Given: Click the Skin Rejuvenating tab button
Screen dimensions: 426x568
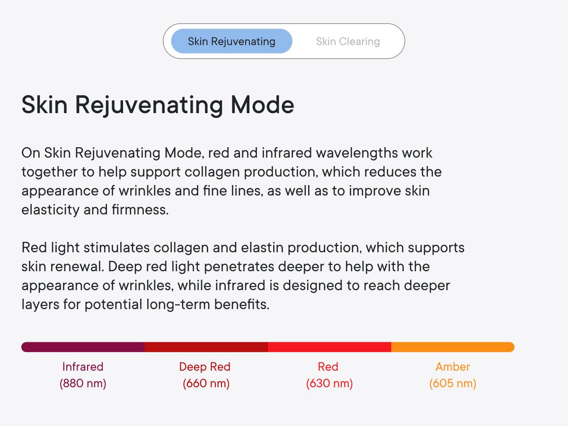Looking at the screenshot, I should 231,41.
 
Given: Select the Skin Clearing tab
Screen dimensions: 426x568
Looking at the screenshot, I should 348,41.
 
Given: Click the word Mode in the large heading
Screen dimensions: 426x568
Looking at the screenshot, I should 262,104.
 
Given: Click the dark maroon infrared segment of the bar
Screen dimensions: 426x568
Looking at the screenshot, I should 83,347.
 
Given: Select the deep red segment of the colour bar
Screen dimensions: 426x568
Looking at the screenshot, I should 206,347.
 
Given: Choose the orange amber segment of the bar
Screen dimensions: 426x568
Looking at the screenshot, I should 453,347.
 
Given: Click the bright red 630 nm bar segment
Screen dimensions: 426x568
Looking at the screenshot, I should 329,347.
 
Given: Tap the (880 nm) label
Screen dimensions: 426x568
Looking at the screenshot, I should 83,383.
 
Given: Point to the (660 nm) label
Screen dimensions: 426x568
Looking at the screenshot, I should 206,383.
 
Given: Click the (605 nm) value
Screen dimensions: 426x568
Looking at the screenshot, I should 453,383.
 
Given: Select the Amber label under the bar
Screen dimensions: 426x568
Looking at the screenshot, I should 453,367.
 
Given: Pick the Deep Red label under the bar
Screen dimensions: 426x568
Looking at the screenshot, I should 204,367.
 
